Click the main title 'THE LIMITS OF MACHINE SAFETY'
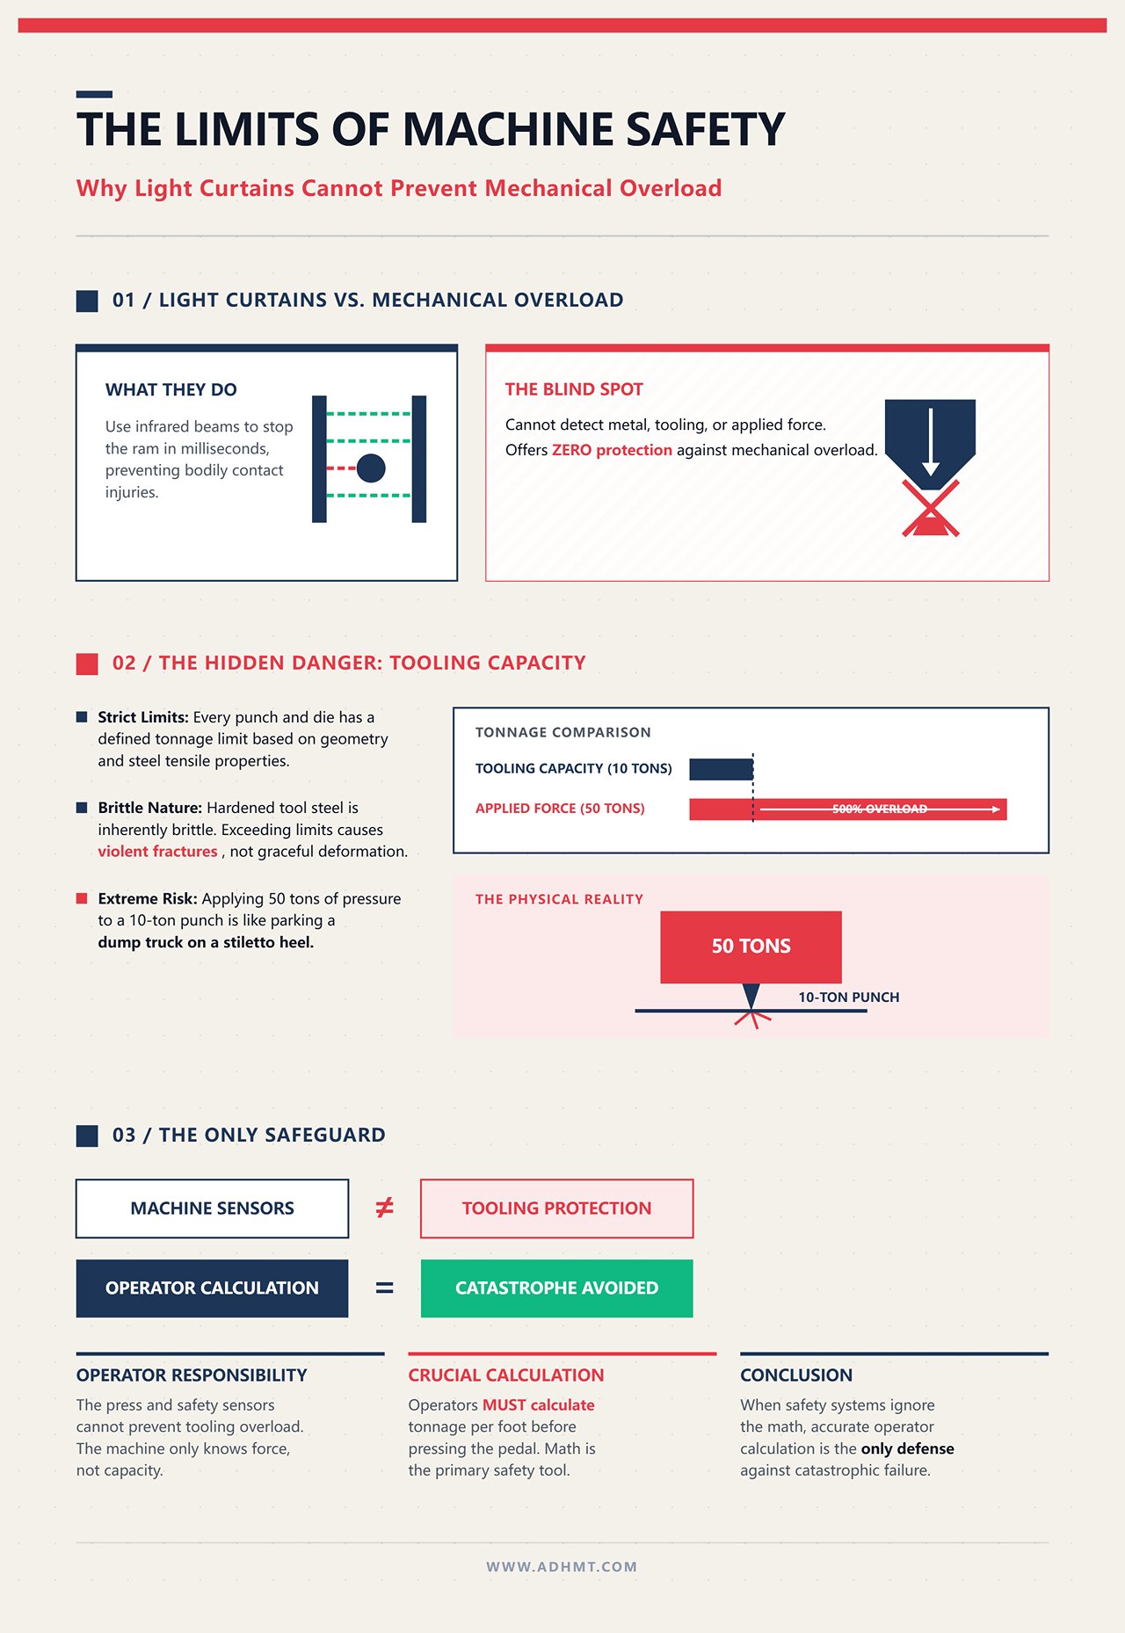pos(431,129)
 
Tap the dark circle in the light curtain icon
pos(371,468)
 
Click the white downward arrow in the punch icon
pos(931,442)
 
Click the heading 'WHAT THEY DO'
pos(171,389)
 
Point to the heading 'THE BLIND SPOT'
pos(574,389)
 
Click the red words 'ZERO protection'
pos(612,450)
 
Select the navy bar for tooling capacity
pos(721,769)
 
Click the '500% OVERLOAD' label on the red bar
pos(880,809)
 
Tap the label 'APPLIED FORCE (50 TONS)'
pos(560,809)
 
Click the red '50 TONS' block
pos(751,947)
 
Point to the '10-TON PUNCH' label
pos(849,998)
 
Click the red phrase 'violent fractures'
pos(157,852)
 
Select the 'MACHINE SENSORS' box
pos(212,1208)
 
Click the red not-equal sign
pos(384,1208)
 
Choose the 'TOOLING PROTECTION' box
pos(557,1208)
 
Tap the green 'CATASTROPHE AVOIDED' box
pos(557,1288)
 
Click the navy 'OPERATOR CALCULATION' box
pos(212,1288)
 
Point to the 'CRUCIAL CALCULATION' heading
pos(506,1375)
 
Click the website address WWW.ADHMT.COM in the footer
pos(562,1567)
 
